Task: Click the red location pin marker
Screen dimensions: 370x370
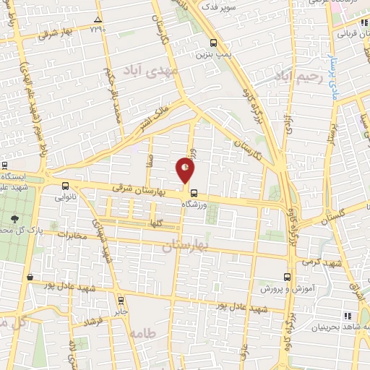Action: click(186, 171)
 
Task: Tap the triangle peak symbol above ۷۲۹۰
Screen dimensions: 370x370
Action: click(98, 19)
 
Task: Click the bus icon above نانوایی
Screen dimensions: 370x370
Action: click(66, 185)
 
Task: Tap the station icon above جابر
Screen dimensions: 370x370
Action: click(120, 300)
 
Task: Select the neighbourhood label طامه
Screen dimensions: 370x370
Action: click(145, 334)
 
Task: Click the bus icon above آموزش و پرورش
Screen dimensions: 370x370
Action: click(288, 276)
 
